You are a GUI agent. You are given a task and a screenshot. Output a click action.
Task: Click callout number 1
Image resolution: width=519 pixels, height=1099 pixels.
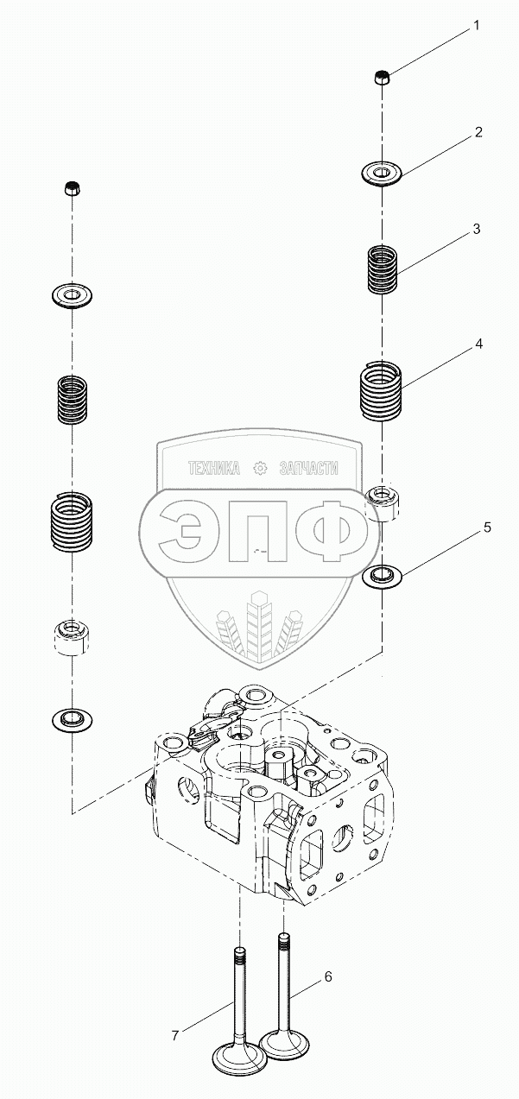click(x=475, y=28)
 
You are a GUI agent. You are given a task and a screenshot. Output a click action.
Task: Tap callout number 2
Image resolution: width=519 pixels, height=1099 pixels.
click(x=477, y=132)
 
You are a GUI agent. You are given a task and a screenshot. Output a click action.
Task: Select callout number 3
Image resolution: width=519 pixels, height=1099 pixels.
click(x=475, y=230)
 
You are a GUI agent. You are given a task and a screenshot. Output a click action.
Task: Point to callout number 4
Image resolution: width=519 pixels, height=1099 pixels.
click(x=478, y=344)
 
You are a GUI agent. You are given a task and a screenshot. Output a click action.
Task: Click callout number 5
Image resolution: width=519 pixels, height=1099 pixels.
click(x=487, y=527)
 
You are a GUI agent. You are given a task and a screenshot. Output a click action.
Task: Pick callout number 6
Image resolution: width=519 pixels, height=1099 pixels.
click(x=327, y=976)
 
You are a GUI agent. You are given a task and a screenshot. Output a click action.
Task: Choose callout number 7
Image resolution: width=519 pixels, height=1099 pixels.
click(x=174, y=1034)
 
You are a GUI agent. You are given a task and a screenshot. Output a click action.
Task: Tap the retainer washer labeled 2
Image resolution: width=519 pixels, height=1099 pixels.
click(x=381, y=174)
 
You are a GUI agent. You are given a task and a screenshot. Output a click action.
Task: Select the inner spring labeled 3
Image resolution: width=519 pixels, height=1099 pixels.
click(x=381, y=269)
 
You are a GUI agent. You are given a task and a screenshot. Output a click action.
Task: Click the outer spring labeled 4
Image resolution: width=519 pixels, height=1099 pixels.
click(x=381, y=390)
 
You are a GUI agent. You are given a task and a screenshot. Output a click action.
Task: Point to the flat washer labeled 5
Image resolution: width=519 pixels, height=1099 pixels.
click(x=381, y=575)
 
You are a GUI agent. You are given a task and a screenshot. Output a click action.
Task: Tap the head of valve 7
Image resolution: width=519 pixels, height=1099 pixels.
click(x=237, y=1058)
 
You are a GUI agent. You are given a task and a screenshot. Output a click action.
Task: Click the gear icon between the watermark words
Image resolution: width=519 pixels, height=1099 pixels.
click(x=259, y=469)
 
